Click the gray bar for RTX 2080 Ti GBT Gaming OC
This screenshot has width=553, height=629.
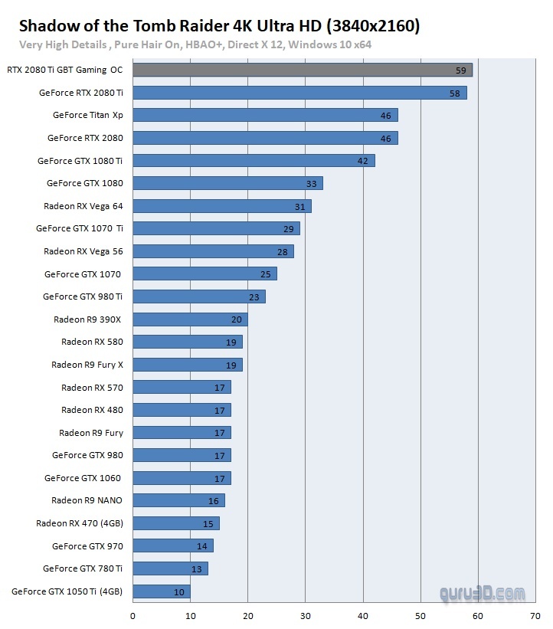[303, 70]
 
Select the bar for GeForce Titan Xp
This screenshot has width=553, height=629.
[265, 115]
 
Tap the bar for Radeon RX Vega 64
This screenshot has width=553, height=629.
[222, 206]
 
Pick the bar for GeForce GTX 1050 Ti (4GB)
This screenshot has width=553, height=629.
[162, 591]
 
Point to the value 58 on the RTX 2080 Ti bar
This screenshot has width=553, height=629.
[454, 93]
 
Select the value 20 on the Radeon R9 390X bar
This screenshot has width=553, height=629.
[236, 319]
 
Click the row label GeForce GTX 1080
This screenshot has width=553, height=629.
[84, 183]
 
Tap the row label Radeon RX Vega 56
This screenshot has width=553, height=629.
[83, 251]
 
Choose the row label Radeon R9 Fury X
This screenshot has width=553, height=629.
[87, 365]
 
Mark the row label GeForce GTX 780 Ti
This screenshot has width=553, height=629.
[83, 568]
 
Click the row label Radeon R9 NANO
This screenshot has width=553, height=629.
[87, 500]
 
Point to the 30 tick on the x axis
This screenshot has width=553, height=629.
[306, 616]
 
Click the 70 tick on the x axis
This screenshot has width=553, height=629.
[535, 616]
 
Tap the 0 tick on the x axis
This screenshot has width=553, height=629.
[133, 616]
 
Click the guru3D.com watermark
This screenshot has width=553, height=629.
[483, 592]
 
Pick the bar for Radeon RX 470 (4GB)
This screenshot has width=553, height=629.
[176, 523]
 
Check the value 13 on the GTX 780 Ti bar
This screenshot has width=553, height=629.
[197, 568]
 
